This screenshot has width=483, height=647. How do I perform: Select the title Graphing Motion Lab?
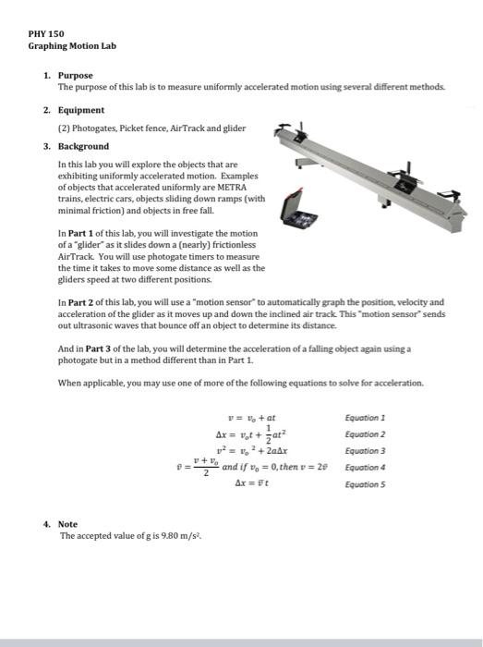pos(72,45)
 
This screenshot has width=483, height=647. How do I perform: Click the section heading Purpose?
pos(75,74)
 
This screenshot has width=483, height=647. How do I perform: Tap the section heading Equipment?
pos(82,110)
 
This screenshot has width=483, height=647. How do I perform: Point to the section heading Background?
pos(84,146)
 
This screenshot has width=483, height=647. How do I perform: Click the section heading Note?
pos(68,523)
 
